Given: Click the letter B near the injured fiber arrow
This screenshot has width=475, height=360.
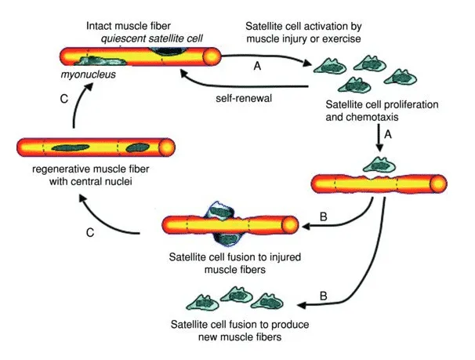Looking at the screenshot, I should click(x=324, y=216).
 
